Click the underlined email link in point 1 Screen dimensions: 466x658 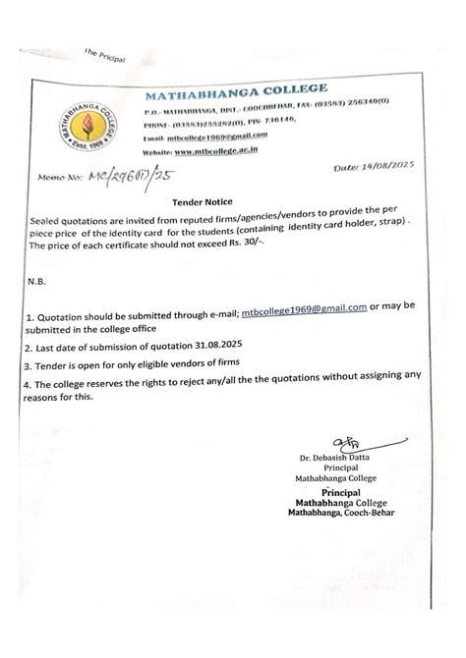coord(304,308)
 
